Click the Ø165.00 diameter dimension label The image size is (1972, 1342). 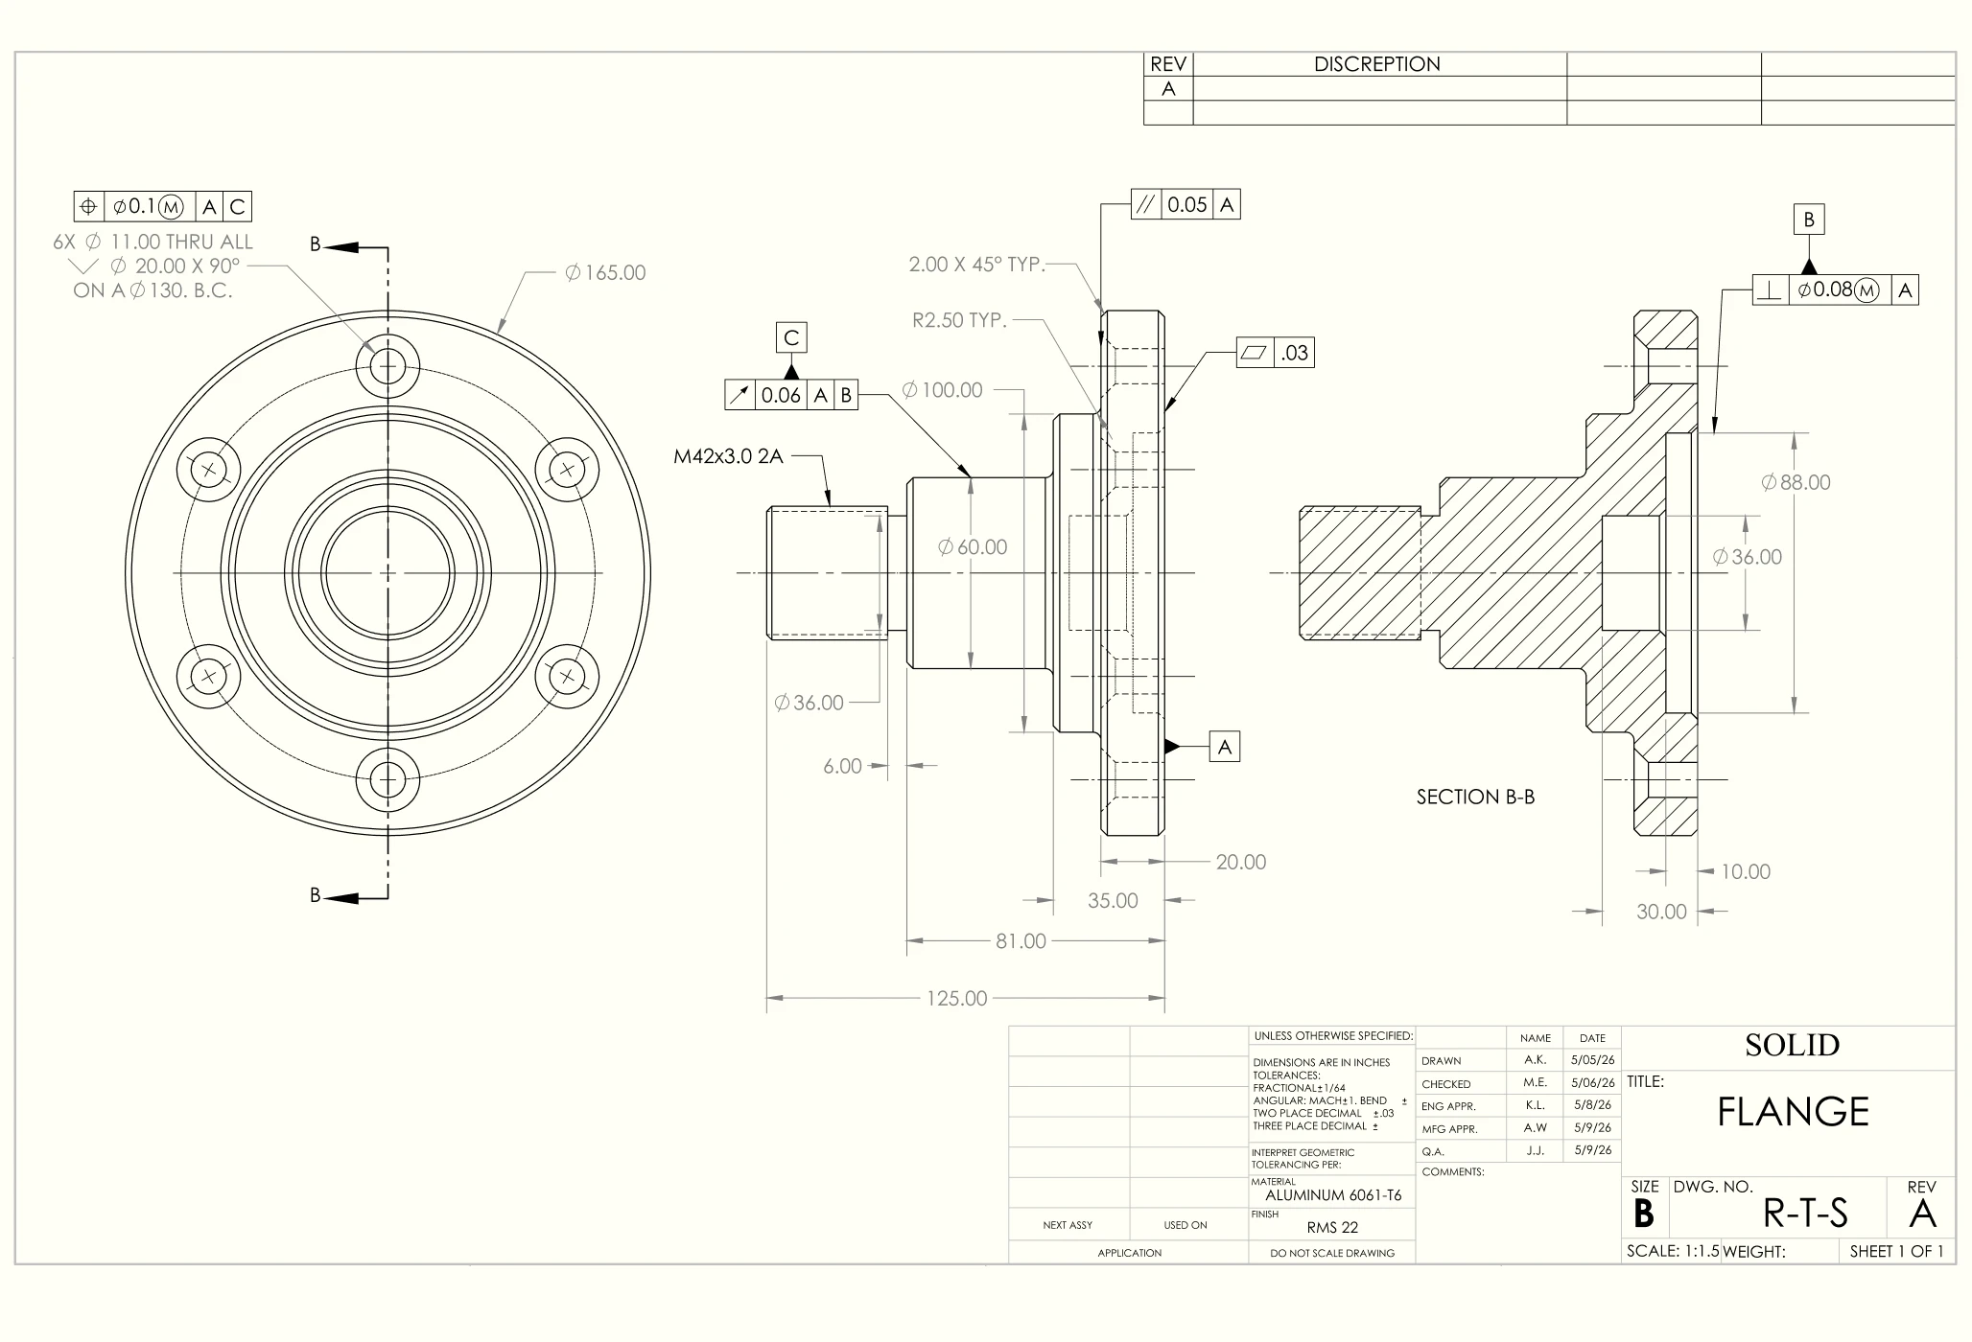click(605, 273)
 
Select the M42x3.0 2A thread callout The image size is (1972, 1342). click(728, 456)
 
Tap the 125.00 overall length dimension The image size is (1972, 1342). click(956, 999)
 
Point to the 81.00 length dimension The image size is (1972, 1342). click(1021, 941)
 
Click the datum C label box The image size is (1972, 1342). click(791, 337)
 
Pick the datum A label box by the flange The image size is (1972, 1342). click(1225, 747)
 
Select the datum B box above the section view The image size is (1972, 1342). click(1809, 220)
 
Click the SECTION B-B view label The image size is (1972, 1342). click(1475, 798)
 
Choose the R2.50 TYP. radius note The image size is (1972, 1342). click(959, 320)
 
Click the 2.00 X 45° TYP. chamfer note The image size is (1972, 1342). click(976, 265)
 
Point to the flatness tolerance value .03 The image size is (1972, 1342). click(1295, 353)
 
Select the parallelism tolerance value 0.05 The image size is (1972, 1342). click(1187, 205)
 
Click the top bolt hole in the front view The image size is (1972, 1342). click(387, 365)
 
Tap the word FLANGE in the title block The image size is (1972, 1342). click(1793, 1112)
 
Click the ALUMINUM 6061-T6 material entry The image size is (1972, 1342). click(1333, 1195)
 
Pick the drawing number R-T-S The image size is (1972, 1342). click(1805, 1214)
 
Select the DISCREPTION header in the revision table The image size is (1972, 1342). click(1377, 64)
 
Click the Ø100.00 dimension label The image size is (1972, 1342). click(942, 390)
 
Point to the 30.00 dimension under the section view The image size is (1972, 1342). click(1661, 912)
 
